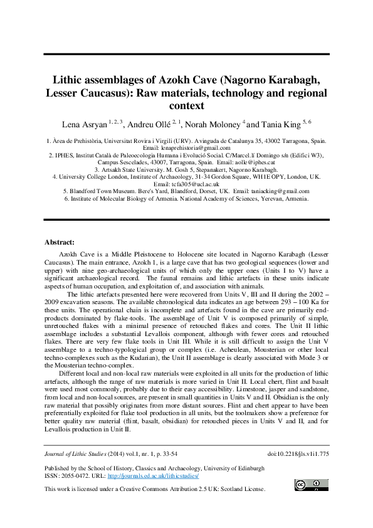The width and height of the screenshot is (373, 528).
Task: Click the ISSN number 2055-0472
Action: [x=78, y=476]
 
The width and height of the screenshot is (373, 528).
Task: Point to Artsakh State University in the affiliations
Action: [x=135, y=169]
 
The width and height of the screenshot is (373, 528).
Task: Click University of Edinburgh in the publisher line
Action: [x=233, y=468]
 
